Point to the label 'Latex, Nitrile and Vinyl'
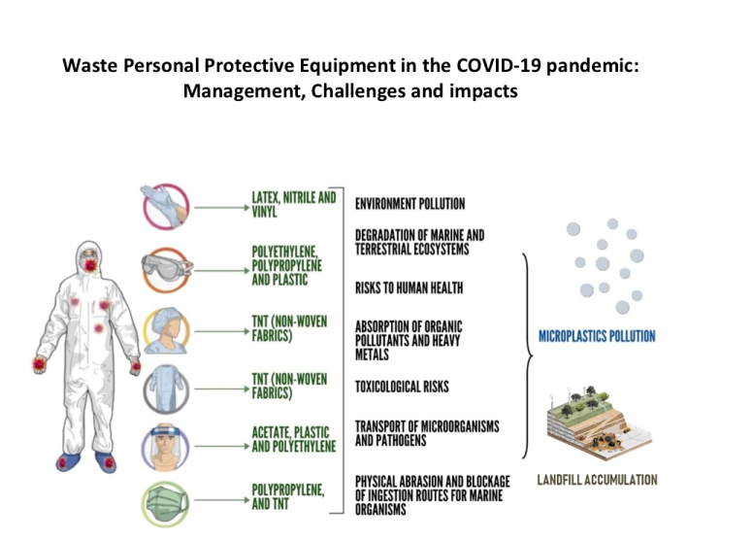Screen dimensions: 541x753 click(294, 204)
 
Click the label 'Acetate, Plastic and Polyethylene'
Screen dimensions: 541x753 click(294, 440)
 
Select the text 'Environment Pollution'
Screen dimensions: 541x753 click(409, 204)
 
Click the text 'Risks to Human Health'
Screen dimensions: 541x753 click(409, 287)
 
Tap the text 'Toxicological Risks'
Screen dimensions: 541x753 click(402, 387)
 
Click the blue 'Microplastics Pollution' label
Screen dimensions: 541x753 click(597, 337)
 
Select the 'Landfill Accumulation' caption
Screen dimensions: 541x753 click(597, 480)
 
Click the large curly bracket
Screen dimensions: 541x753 click(527, 355)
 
